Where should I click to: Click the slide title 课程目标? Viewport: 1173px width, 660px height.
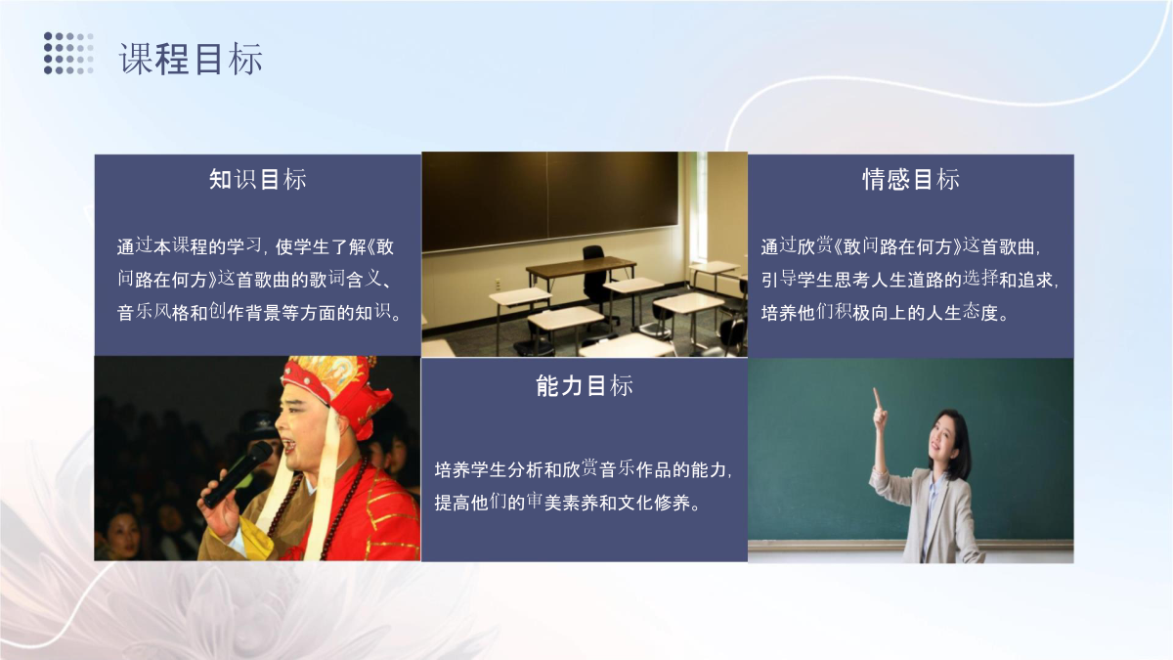pos(192,59)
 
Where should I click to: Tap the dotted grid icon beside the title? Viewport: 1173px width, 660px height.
pos(68,53)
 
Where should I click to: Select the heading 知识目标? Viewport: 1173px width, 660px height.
pos(258,179)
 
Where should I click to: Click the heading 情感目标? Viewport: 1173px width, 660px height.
pos(911,179)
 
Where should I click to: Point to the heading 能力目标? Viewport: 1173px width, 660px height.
pos(585,385)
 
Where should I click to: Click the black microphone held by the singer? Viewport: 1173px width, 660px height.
pos(238,474)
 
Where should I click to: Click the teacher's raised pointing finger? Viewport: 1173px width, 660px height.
pos(876,399)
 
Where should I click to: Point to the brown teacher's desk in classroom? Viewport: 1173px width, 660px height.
pos(582,273)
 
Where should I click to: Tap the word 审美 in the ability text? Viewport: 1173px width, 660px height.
pos(544,503)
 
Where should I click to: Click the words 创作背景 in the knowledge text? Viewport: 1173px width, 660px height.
pos(244,313)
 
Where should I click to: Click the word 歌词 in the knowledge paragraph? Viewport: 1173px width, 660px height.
pos(326,280)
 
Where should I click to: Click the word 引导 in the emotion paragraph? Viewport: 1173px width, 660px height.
pos(779,280)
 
